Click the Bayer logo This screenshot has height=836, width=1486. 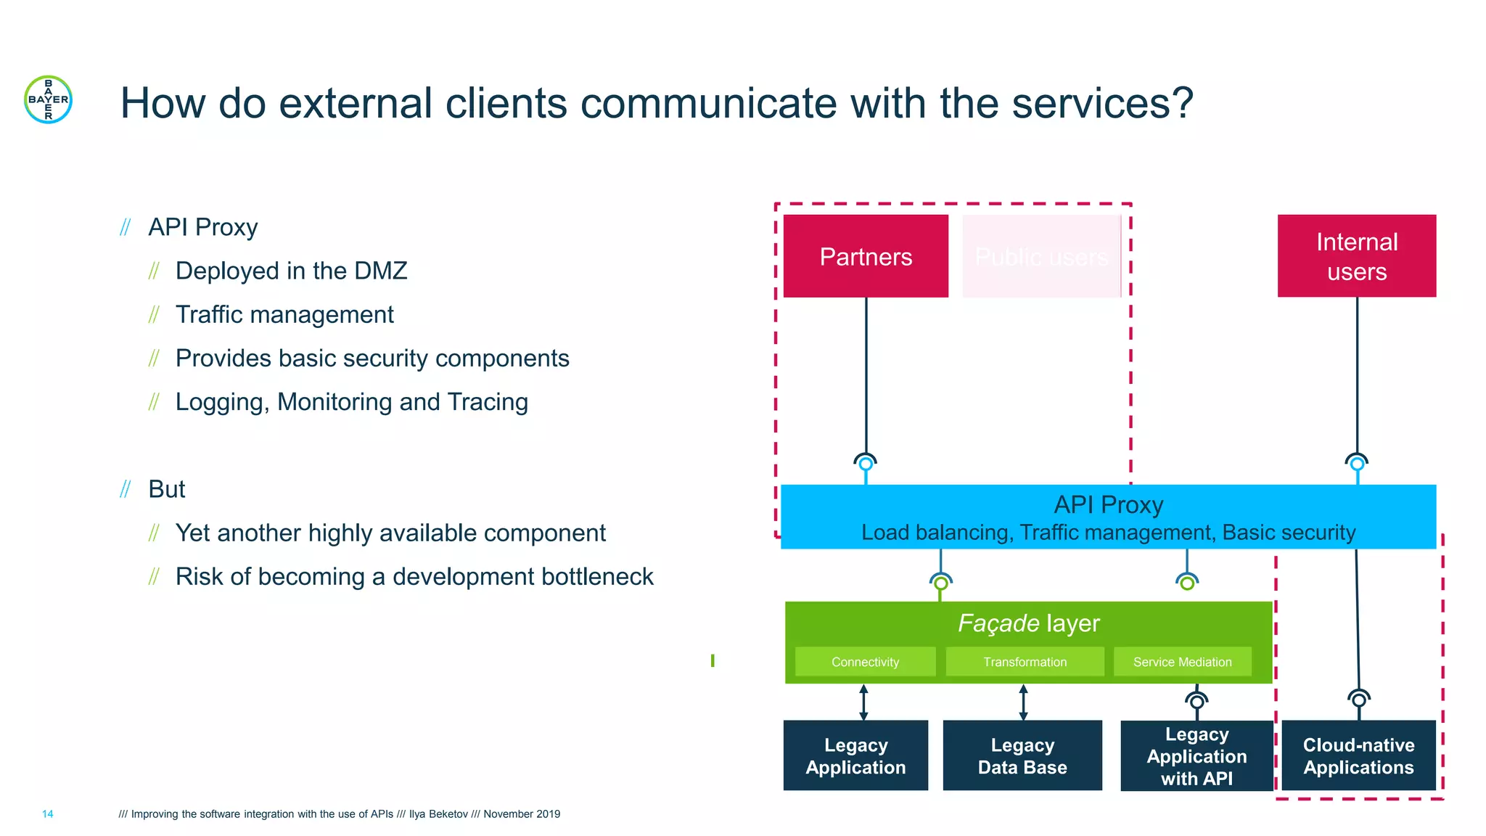coord(48,99)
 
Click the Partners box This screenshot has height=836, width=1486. coord(866,256)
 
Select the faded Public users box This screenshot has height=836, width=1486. coord(1041,256)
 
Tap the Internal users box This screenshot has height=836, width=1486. coord(1356,256)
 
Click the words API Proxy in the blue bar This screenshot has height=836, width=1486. coord(1108,504)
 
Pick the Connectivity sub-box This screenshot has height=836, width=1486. coord(865,662)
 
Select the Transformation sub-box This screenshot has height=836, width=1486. coord(1025,662)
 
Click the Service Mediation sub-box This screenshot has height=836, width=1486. coord(1182,662)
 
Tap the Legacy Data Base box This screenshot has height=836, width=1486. coord(1022,755)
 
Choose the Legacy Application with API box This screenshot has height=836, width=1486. coord(1196,755)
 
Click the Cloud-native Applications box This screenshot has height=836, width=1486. coord(1358,755)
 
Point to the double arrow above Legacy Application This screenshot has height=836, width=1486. coord(863,702)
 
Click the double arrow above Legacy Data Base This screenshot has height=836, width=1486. coord(1023,702)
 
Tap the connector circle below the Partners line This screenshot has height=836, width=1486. coord(866,463)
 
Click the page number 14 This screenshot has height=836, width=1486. coord(47,814)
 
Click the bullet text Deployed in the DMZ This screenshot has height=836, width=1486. coord(291,271)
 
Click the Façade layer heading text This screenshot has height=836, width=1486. coord(1028,623)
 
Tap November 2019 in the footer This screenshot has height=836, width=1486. coord(522,814)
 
